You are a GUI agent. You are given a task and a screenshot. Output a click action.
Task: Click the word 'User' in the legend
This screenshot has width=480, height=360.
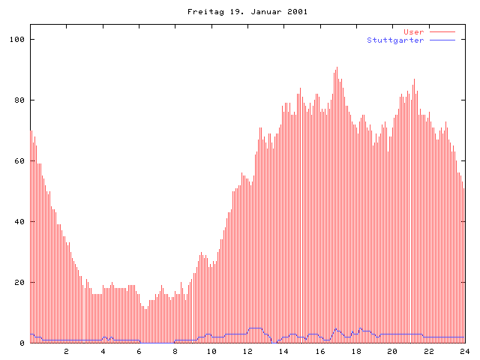click(413, 32)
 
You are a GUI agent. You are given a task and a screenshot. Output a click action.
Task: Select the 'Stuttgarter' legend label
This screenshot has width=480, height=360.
click(395, 40)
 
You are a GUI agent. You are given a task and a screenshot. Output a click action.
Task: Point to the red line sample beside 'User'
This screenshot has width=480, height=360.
click(442, 32)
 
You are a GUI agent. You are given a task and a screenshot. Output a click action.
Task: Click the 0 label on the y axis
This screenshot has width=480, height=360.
click(22, 343)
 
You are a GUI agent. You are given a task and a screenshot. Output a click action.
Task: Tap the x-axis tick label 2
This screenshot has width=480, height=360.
click(66, 351)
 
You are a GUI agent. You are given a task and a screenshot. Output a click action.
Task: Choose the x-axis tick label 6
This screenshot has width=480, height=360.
click(139, 351)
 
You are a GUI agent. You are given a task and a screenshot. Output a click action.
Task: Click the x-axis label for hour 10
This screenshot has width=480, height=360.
click(211, 351)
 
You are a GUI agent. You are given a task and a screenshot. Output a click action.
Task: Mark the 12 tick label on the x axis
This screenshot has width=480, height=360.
click(247, 351)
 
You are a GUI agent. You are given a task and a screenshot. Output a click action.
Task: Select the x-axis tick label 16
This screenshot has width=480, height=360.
click(319, 351)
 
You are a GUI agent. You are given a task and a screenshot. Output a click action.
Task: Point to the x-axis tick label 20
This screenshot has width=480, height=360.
click(392, 351)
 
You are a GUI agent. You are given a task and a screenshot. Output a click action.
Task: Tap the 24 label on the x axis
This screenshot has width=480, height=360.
click(464, 351)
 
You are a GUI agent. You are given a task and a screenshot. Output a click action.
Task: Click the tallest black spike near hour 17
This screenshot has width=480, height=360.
click(337, 69)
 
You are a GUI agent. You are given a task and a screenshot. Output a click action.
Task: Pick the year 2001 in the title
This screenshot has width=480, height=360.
click(296, 12)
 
